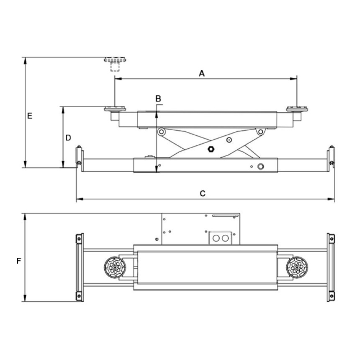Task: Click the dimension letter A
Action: tap(202, 74)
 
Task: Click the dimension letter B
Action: tap(158, 99)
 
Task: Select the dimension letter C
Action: tap(203, 193)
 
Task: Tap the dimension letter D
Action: tap(68, 138)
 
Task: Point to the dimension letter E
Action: tap(30, 116)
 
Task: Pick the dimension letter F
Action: tap(18, 261)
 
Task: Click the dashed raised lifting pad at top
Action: tap(115, 63)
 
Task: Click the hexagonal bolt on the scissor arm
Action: tap(211, 149)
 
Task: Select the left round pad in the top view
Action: tap(115, 267)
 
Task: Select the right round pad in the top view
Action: tap(297, 267)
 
